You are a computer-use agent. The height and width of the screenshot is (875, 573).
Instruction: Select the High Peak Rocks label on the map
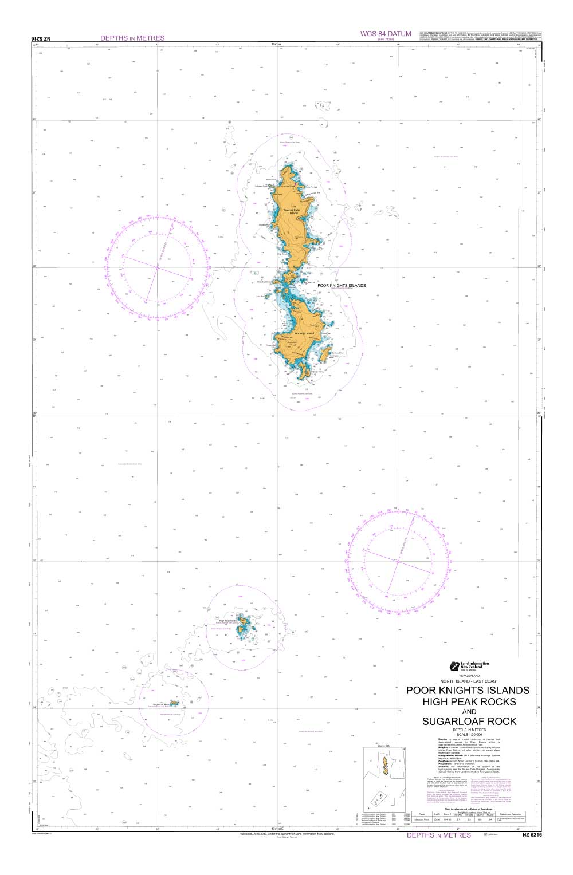[228, 620]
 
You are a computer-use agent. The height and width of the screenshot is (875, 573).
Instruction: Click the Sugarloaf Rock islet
[174, 702]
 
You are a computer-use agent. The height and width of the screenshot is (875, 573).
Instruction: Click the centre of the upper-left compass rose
[157, 267]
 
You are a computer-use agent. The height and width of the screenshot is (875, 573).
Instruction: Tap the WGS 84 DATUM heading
[385, 34]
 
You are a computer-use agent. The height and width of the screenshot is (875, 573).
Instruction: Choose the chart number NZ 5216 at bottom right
[531, 835]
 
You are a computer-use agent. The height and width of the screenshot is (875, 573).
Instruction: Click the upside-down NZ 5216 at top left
[41, 38]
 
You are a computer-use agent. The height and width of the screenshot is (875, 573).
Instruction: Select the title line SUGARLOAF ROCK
[469, 721]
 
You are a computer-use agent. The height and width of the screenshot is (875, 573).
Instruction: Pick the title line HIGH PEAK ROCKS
[469, 701]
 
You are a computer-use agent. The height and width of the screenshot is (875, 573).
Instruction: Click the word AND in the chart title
[469, 712]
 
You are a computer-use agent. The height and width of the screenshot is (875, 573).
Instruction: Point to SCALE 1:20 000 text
[469, 735]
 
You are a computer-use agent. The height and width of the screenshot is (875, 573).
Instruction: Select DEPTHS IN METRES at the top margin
[132, 38]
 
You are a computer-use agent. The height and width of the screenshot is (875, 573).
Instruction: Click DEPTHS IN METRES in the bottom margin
[439, 835]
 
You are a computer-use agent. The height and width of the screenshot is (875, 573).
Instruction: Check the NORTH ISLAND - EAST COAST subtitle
[469, 681]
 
